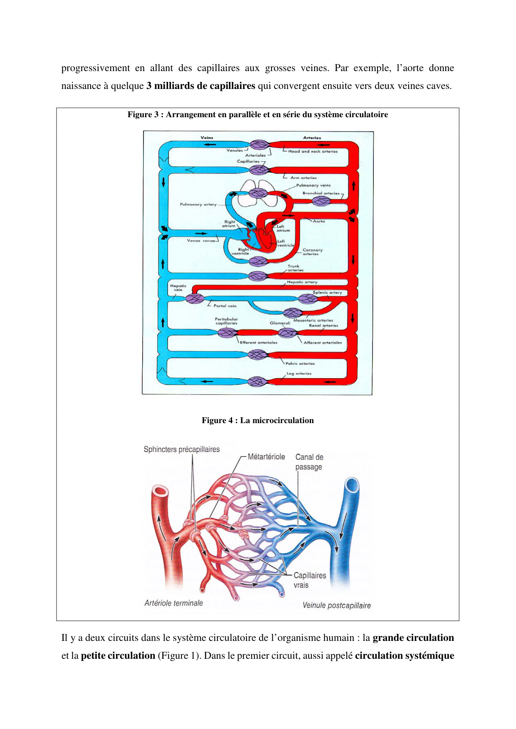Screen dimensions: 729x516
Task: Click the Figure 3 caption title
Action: click(257, 115)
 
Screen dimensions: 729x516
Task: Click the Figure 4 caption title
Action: click(257, 420)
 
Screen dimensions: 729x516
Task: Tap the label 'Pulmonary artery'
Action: click(198, 204)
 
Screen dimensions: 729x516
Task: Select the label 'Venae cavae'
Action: click(201, 241)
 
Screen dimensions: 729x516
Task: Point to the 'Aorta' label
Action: click(319, 221)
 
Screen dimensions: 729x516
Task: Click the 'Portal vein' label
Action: click(225, 306)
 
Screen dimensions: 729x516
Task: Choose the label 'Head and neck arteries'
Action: click(313, 151)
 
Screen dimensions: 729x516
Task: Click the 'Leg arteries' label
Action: click(299, 373)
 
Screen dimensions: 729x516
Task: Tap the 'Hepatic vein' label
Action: click(178, 288)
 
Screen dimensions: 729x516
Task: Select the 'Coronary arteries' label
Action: click(312, 252)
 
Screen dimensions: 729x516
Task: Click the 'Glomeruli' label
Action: click(279, 323)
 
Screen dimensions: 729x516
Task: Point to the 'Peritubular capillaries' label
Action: click(226, 321)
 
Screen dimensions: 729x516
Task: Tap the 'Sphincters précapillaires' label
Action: click(182, 449)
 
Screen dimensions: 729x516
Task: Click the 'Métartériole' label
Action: click(266, 457)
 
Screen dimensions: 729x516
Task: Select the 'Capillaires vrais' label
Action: click(309, 580)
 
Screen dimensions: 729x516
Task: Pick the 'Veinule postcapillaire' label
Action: click(336, 606)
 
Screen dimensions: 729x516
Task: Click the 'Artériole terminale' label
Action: click(173, 603)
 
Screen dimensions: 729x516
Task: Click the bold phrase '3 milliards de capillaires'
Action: click(201, 86)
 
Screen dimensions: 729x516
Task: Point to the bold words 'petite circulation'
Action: click(118, 656)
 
